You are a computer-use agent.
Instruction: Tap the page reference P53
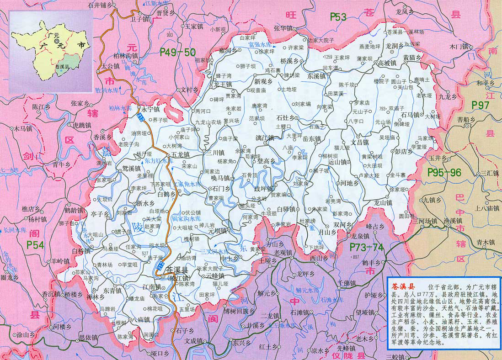[339, 17]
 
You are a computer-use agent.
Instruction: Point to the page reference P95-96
[445, 172]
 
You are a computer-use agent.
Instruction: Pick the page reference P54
[35, 245]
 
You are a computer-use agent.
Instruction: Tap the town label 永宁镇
[150, 110]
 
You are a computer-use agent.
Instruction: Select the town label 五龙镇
[180, 155]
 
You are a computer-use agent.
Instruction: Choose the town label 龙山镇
[383, 202]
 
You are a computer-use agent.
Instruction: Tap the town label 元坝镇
[218, 231]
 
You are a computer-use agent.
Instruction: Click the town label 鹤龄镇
[74, 211]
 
